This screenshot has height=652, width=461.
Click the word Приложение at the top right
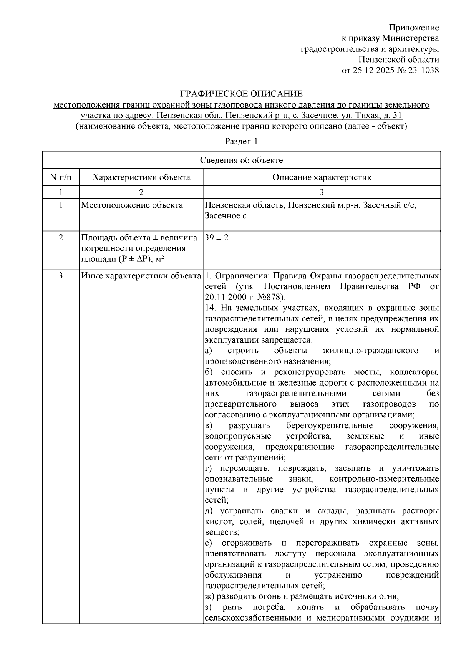tap(414, 28)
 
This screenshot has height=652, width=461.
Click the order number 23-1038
tap(423, 71)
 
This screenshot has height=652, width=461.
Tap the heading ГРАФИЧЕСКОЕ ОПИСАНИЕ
tap(242, 94)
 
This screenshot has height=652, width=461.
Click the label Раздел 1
tap(241, 141)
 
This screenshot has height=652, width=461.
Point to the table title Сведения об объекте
tap(241, 161)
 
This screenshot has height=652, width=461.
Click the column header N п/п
tap(60, 177)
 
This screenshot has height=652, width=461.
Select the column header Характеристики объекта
tap(141, 177)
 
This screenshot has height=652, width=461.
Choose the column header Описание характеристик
tap(322, 177)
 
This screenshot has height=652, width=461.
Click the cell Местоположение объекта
tap(132, 205)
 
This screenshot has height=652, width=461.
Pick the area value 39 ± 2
tap(217, 238)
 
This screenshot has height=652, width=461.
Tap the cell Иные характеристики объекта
tap(141, 276)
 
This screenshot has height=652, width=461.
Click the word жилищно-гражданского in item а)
tap(370, 351)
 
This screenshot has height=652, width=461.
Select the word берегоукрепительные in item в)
tap(330, 425)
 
